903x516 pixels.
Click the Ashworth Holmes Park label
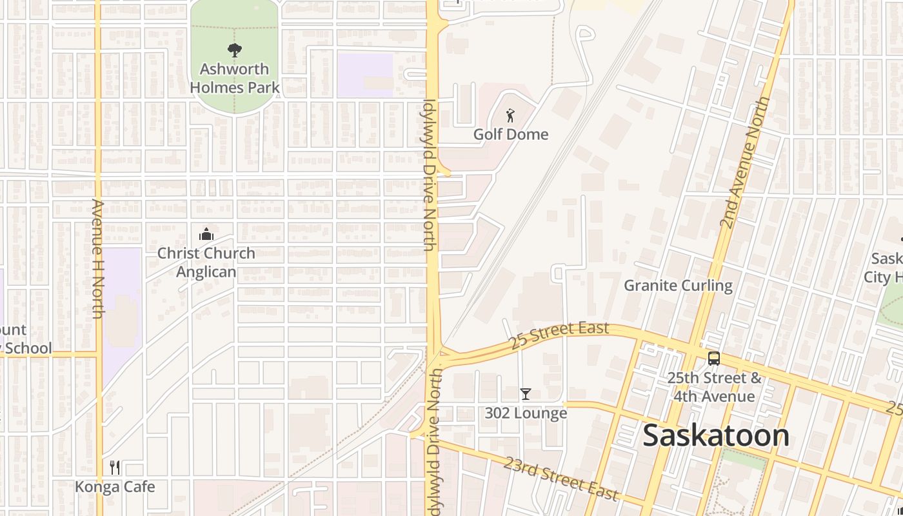[235, 78]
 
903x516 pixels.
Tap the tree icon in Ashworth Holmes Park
[235, 50]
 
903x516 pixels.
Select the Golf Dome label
[511, 134]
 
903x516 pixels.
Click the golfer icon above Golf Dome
[511, 116]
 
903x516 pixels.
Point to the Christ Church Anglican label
[206, 263]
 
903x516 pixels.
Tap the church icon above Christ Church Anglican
[206, 234]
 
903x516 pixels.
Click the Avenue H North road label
[98, 258]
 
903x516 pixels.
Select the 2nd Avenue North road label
[745, 163]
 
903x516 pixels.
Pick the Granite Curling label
[678, 285]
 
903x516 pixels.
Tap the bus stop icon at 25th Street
[714, 359]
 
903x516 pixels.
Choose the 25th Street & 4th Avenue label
[714, 386]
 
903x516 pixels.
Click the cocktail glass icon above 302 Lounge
[526, 393]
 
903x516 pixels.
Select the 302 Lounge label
[526, 413]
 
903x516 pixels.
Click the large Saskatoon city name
[716, 436]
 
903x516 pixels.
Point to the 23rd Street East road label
[561, 479]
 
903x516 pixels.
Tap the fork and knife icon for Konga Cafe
[115, 468]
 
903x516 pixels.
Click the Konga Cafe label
[115, 486]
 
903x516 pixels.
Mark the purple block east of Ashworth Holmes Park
[365, 75]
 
